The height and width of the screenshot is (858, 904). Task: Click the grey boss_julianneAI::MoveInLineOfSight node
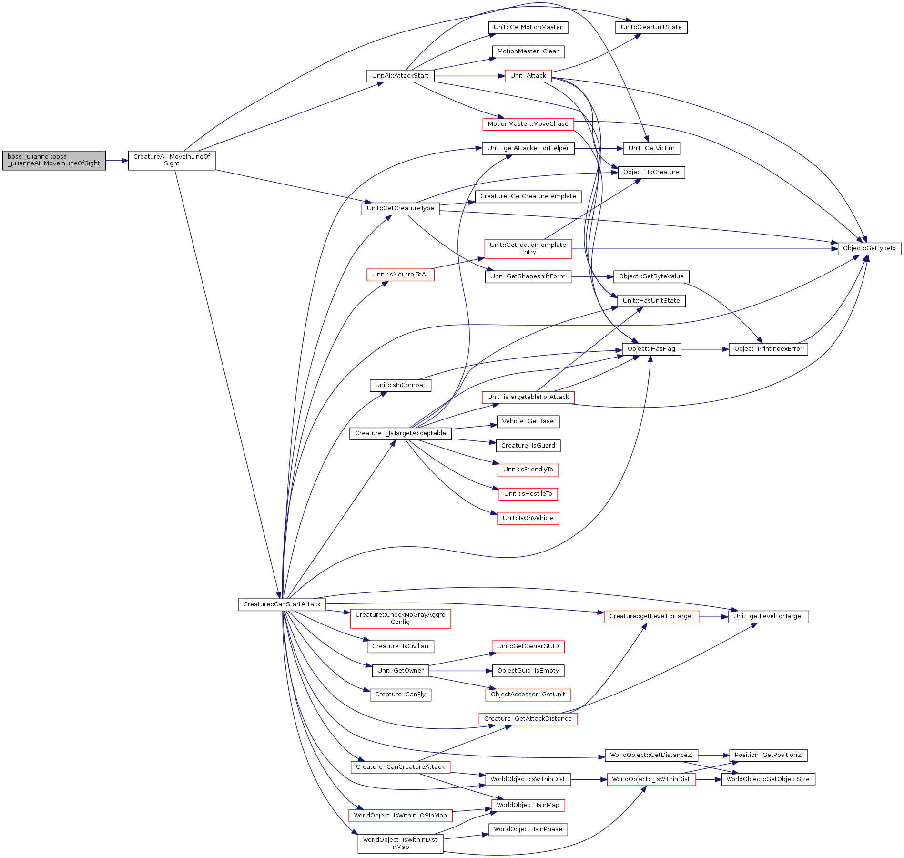[54, 160]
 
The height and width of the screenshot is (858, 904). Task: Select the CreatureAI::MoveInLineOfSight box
[172, 160]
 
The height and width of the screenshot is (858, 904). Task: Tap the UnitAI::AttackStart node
[400, 76]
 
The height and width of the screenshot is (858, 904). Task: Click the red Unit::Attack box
[528, 76]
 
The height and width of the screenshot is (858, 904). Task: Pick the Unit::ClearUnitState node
[651, 27]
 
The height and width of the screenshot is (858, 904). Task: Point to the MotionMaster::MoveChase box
[528, 124]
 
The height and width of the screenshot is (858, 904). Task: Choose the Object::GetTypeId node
[869, 248]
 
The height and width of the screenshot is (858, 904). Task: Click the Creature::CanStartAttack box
[282, 604]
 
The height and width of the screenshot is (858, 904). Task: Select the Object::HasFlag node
[651, 349]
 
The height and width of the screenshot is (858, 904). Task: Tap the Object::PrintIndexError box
[768, 349]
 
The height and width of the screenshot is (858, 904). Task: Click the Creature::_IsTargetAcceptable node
[400, 433]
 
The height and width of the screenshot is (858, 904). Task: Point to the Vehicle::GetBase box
[528, 421]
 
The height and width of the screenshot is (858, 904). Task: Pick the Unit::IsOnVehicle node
[528, 518]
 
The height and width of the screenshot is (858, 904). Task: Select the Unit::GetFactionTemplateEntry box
[528, 248]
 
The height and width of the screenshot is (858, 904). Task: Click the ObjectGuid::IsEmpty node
[528, 671]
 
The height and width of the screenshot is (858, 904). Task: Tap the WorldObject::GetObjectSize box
[768, 779]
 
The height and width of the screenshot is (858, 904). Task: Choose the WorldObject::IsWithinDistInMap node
[400, 843]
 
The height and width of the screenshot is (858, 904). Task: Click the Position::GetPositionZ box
[768, 755]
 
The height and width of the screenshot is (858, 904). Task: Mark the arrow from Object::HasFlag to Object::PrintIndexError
[705, 349]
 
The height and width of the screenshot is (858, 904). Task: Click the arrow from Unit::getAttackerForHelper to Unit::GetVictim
[599, 148]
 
